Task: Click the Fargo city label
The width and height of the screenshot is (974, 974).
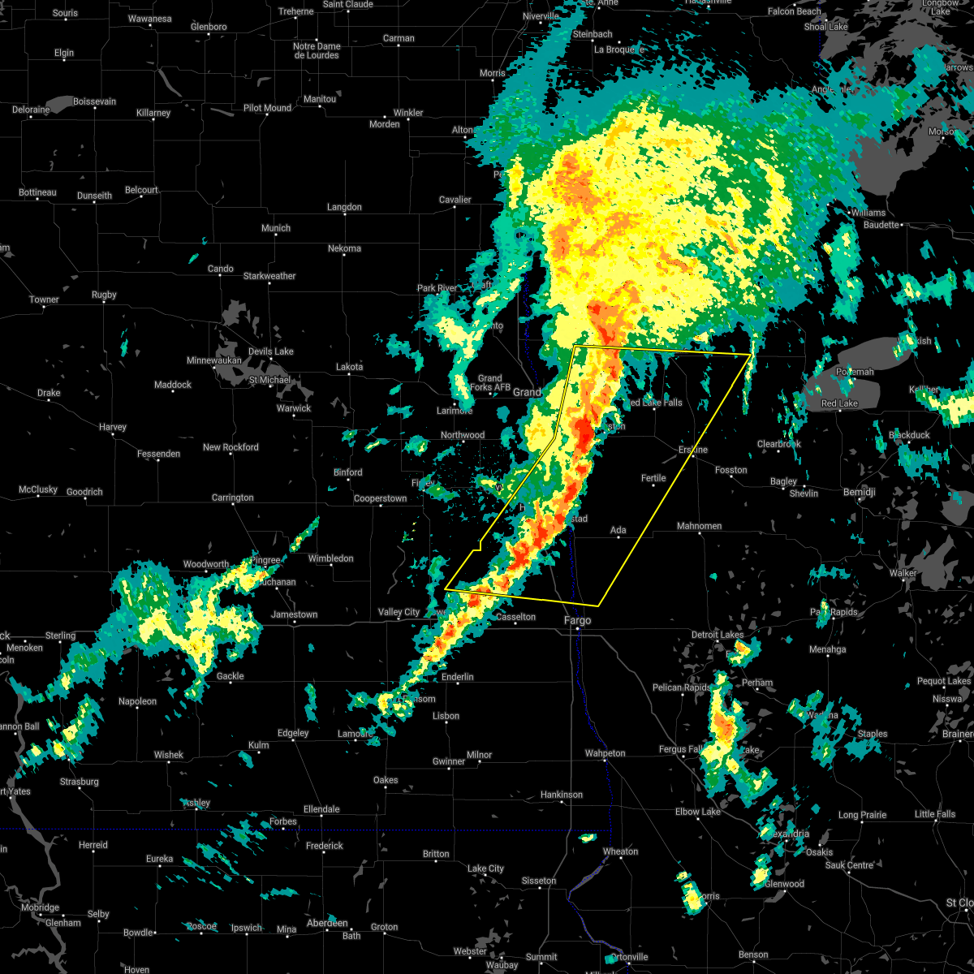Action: [578, 620]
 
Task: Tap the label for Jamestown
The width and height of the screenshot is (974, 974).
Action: [294, 614]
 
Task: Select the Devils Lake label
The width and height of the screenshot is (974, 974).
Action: [271, 351]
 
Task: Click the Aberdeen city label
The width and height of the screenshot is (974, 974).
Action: [326, 923]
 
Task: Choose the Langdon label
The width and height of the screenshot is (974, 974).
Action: [344, 207]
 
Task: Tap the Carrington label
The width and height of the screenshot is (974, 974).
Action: [232, 498]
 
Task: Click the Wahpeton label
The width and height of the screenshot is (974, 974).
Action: [606, 753]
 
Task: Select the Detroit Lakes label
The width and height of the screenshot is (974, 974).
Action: [717, 635]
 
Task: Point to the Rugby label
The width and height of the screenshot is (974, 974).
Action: [104, 295]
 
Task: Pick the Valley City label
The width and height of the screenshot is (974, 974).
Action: [399, 612]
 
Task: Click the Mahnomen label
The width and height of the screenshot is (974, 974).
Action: [699, 526]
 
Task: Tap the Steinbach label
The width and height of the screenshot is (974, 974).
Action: [593, 34]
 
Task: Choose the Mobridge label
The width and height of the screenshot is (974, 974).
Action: [40, 907]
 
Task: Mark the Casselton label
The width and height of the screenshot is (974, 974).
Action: [515, 617]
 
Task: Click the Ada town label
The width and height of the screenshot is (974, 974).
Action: [618, 530]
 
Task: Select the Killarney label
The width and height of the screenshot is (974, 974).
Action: [153, 113]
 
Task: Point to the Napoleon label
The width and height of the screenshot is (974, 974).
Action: [137, 701]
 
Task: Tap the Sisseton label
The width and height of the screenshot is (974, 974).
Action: [539, 881]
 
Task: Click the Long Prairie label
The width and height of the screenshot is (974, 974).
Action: [862, 815]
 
